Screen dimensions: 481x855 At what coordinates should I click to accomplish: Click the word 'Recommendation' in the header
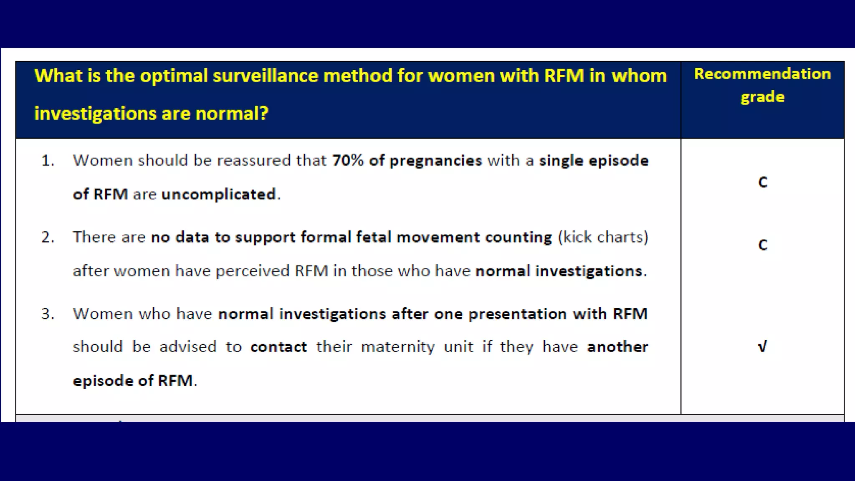coord(762,74)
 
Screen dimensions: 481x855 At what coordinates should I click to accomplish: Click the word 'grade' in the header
coord(762,97)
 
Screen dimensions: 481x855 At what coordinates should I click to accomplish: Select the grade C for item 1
coord(763,182)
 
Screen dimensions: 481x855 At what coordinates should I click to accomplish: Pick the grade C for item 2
coord(763,245)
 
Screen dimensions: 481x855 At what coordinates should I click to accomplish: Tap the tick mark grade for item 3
coord(762,347)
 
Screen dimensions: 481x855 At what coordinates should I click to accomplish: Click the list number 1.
coord(48,161)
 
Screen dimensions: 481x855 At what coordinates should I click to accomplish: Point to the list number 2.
coord(48,237)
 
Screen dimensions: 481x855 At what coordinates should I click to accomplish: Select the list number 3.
coord(48,314)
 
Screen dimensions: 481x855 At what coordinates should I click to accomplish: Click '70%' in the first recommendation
coord(348,160)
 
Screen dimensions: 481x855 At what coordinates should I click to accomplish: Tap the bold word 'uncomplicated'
coord(219,194)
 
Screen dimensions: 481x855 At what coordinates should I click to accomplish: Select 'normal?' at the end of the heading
coord(232,114)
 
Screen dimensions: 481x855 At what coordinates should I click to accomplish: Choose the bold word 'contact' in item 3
coord(278,347)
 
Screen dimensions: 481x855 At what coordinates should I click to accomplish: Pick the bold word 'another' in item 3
coord(617,347)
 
